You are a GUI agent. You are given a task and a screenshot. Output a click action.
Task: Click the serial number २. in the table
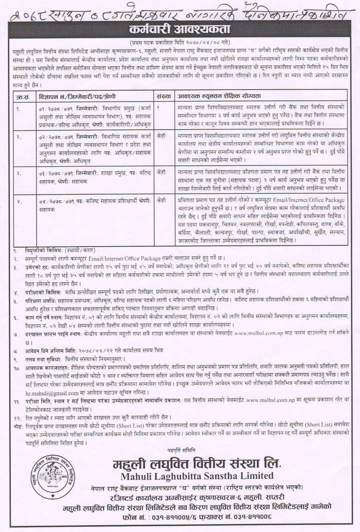[x=18, y=136]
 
